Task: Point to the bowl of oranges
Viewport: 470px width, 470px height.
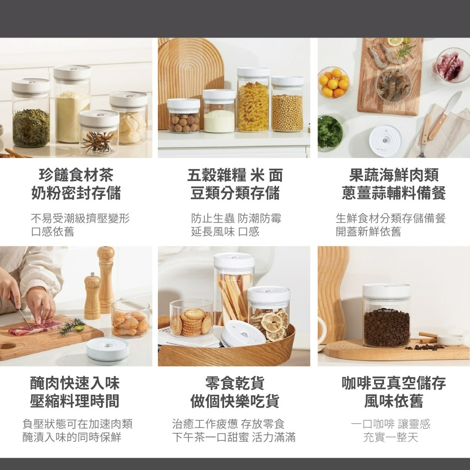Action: tap(333, 83)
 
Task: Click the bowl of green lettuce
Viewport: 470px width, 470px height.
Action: tap(330, 132)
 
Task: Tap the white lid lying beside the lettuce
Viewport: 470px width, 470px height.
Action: tap(385, 140)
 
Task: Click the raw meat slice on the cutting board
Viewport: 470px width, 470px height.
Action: tap(35, 327)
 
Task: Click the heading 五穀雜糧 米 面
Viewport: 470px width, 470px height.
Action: tap(235, 176)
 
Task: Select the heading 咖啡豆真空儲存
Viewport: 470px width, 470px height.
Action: tap(394, 383)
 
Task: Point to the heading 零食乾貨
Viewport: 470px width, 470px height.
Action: tap(235, 383)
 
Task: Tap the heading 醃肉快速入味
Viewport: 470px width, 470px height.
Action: tap(75, 383)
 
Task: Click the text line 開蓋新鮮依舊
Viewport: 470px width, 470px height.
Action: tap(368, 231)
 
